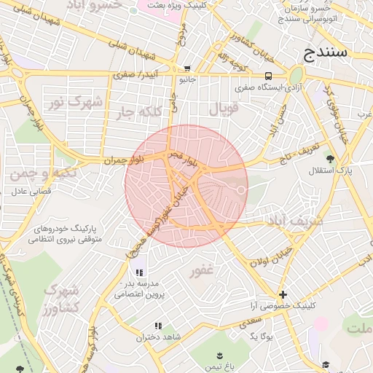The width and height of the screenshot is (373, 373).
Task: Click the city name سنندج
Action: click(328, 53)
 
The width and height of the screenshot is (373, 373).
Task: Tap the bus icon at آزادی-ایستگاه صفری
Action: click(269, 76)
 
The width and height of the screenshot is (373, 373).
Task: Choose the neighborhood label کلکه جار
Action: click(136, 111)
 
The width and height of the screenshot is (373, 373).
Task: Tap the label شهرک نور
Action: click(76, 102)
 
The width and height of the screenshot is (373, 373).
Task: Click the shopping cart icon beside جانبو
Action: click(186, 68)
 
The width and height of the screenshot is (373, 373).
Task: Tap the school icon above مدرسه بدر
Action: click(139, 272)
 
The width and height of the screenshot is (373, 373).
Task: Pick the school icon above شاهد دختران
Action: click(157, 326)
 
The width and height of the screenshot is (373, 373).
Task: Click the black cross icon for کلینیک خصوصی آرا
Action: click(283, 295)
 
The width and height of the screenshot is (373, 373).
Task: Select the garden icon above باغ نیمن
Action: click(218, 356)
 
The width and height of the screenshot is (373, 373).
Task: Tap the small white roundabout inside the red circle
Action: click(240, 191)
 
